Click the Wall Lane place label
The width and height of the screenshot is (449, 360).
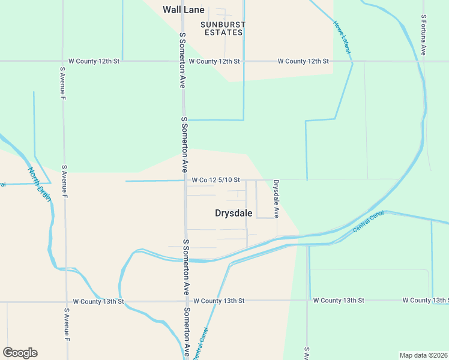tap(184, 10)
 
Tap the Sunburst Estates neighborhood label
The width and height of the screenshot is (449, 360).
tap(223, 28)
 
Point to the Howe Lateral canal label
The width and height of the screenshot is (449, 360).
tap(342, 37)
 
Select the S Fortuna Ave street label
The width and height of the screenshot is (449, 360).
tap(423, 35)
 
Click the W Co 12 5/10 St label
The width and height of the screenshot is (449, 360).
tap(216, 179)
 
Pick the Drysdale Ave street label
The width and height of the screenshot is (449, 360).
tap(277, 198)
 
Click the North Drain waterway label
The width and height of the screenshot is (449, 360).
tap(40, 184)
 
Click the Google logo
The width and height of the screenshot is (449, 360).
tap(20, 353)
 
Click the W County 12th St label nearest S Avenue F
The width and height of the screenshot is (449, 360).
tap(94, 61)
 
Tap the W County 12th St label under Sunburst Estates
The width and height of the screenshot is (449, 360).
tap(214, 61)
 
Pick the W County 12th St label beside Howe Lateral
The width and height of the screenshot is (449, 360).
tap(303, 61)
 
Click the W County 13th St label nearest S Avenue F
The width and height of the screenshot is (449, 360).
tap(98, 301)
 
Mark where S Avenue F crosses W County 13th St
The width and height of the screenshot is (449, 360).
tap(66, 301)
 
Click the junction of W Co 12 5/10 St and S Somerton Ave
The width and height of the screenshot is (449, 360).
tap(185, 180)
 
